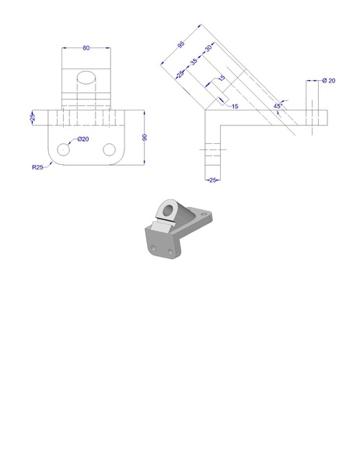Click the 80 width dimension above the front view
86,48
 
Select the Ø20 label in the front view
82,139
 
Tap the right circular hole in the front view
109,149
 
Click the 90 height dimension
145,138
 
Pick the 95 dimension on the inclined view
181,46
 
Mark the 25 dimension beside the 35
180,75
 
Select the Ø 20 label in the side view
328,81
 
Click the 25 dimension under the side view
212,180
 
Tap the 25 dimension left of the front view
33,117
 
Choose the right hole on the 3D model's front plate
169,252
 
